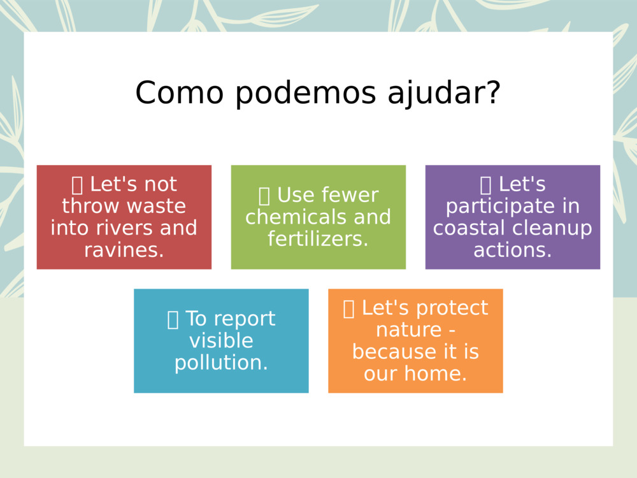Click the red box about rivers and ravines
point(124,217)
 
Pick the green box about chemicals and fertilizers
point(318,217)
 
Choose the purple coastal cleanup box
point(512,217)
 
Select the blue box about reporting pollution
point(221,340)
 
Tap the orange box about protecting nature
point(415,340)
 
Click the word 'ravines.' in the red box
point(124,250)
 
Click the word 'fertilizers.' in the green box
point(318,239)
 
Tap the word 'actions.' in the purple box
point(512,250)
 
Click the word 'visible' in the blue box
point(221,341)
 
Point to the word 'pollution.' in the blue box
point(221,363)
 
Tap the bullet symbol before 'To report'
point(173,319)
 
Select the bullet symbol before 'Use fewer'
point(264,196)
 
